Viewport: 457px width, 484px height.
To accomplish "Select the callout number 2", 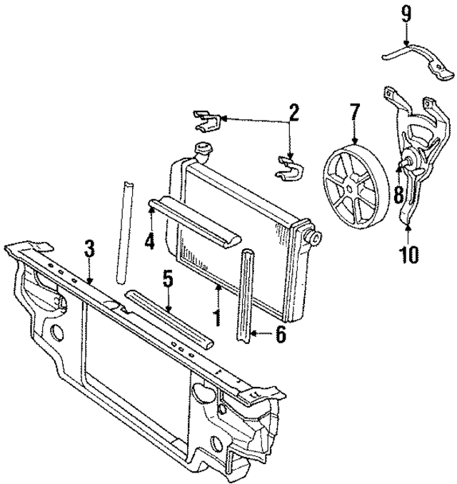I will click(293, 112).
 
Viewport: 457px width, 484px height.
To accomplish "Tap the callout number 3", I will click(89, 249).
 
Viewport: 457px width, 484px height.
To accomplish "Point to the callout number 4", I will click(149, 241).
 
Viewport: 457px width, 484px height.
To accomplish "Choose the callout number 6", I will click(281, 333).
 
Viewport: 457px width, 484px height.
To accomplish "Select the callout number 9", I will click(406, 12).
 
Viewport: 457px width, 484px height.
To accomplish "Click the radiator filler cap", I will click(203, 152).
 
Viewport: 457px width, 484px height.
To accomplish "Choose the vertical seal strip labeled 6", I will click(248, 296).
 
